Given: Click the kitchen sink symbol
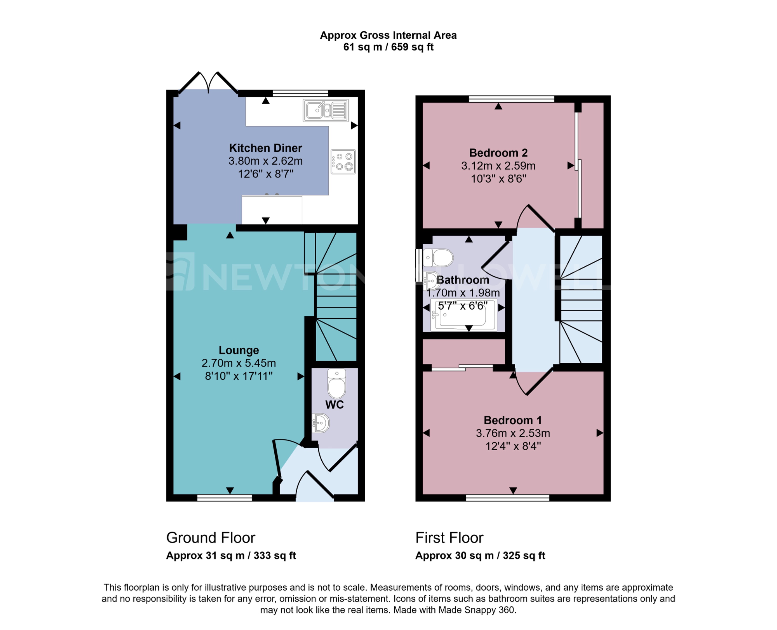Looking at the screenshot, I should pos(325,110).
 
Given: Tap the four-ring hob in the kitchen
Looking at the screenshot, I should pos(343,162).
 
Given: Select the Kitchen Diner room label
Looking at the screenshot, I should pos(265,148).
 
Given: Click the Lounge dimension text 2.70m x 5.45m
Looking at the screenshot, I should pos(239,363).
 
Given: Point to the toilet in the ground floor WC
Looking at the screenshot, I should pos(337,384).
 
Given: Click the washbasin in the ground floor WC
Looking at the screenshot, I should pos(321,423).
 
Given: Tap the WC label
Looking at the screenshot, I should pos(334,405).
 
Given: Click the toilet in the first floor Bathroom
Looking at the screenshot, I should pos(438,258).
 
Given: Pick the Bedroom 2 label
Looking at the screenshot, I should pos(498,153).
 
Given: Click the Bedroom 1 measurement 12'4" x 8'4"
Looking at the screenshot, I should pos(513,446).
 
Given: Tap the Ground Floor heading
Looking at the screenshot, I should pos(211,538).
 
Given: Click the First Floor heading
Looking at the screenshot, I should pos(449,538).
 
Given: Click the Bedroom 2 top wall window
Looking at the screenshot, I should pos(511,99).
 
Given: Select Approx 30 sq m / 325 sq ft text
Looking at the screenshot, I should pos(480,555).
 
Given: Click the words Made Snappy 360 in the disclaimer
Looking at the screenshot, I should pos(476,610).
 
